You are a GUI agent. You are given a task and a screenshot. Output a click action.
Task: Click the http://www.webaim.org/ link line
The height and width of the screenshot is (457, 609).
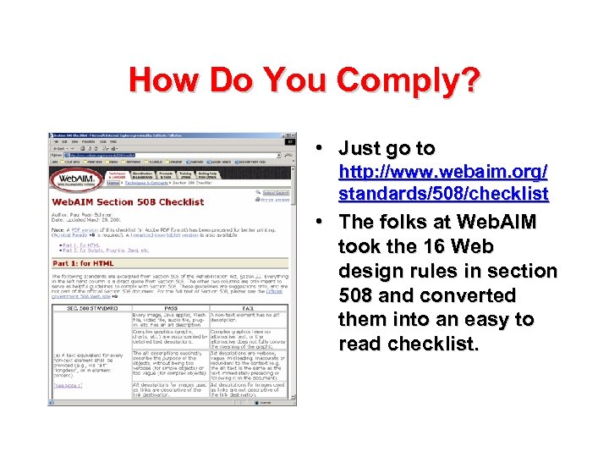tap(442, 172)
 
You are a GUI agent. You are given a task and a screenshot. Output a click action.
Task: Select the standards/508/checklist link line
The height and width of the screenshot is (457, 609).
tap(443, 195)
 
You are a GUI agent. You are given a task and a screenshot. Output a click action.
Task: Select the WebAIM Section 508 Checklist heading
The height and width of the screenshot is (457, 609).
tap(128, 202)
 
